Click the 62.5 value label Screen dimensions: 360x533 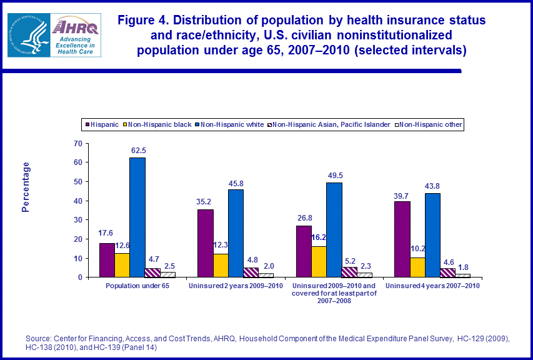click(137, 151)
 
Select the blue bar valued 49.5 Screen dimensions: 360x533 click(334, 229)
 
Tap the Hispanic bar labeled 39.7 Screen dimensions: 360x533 click(402, 239)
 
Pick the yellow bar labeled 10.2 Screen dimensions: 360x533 click(417, 267)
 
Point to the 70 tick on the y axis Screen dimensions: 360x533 click(78, 143)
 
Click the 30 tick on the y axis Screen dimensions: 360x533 click(78, 220)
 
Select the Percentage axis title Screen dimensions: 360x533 click(26, 187)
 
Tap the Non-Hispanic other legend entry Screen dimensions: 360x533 click(431, 125)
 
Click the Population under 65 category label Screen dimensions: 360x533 click(137, 286)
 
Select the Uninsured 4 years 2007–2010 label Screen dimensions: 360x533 click(432, 286)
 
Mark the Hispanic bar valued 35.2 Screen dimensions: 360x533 click(205, 243)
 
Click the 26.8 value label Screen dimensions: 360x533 click(304, 218)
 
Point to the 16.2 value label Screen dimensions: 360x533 click(318, 237)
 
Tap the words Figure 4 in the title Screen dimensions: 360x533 click(148, 20)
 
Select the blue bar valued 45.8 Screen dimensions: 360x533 click(236, 233)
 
